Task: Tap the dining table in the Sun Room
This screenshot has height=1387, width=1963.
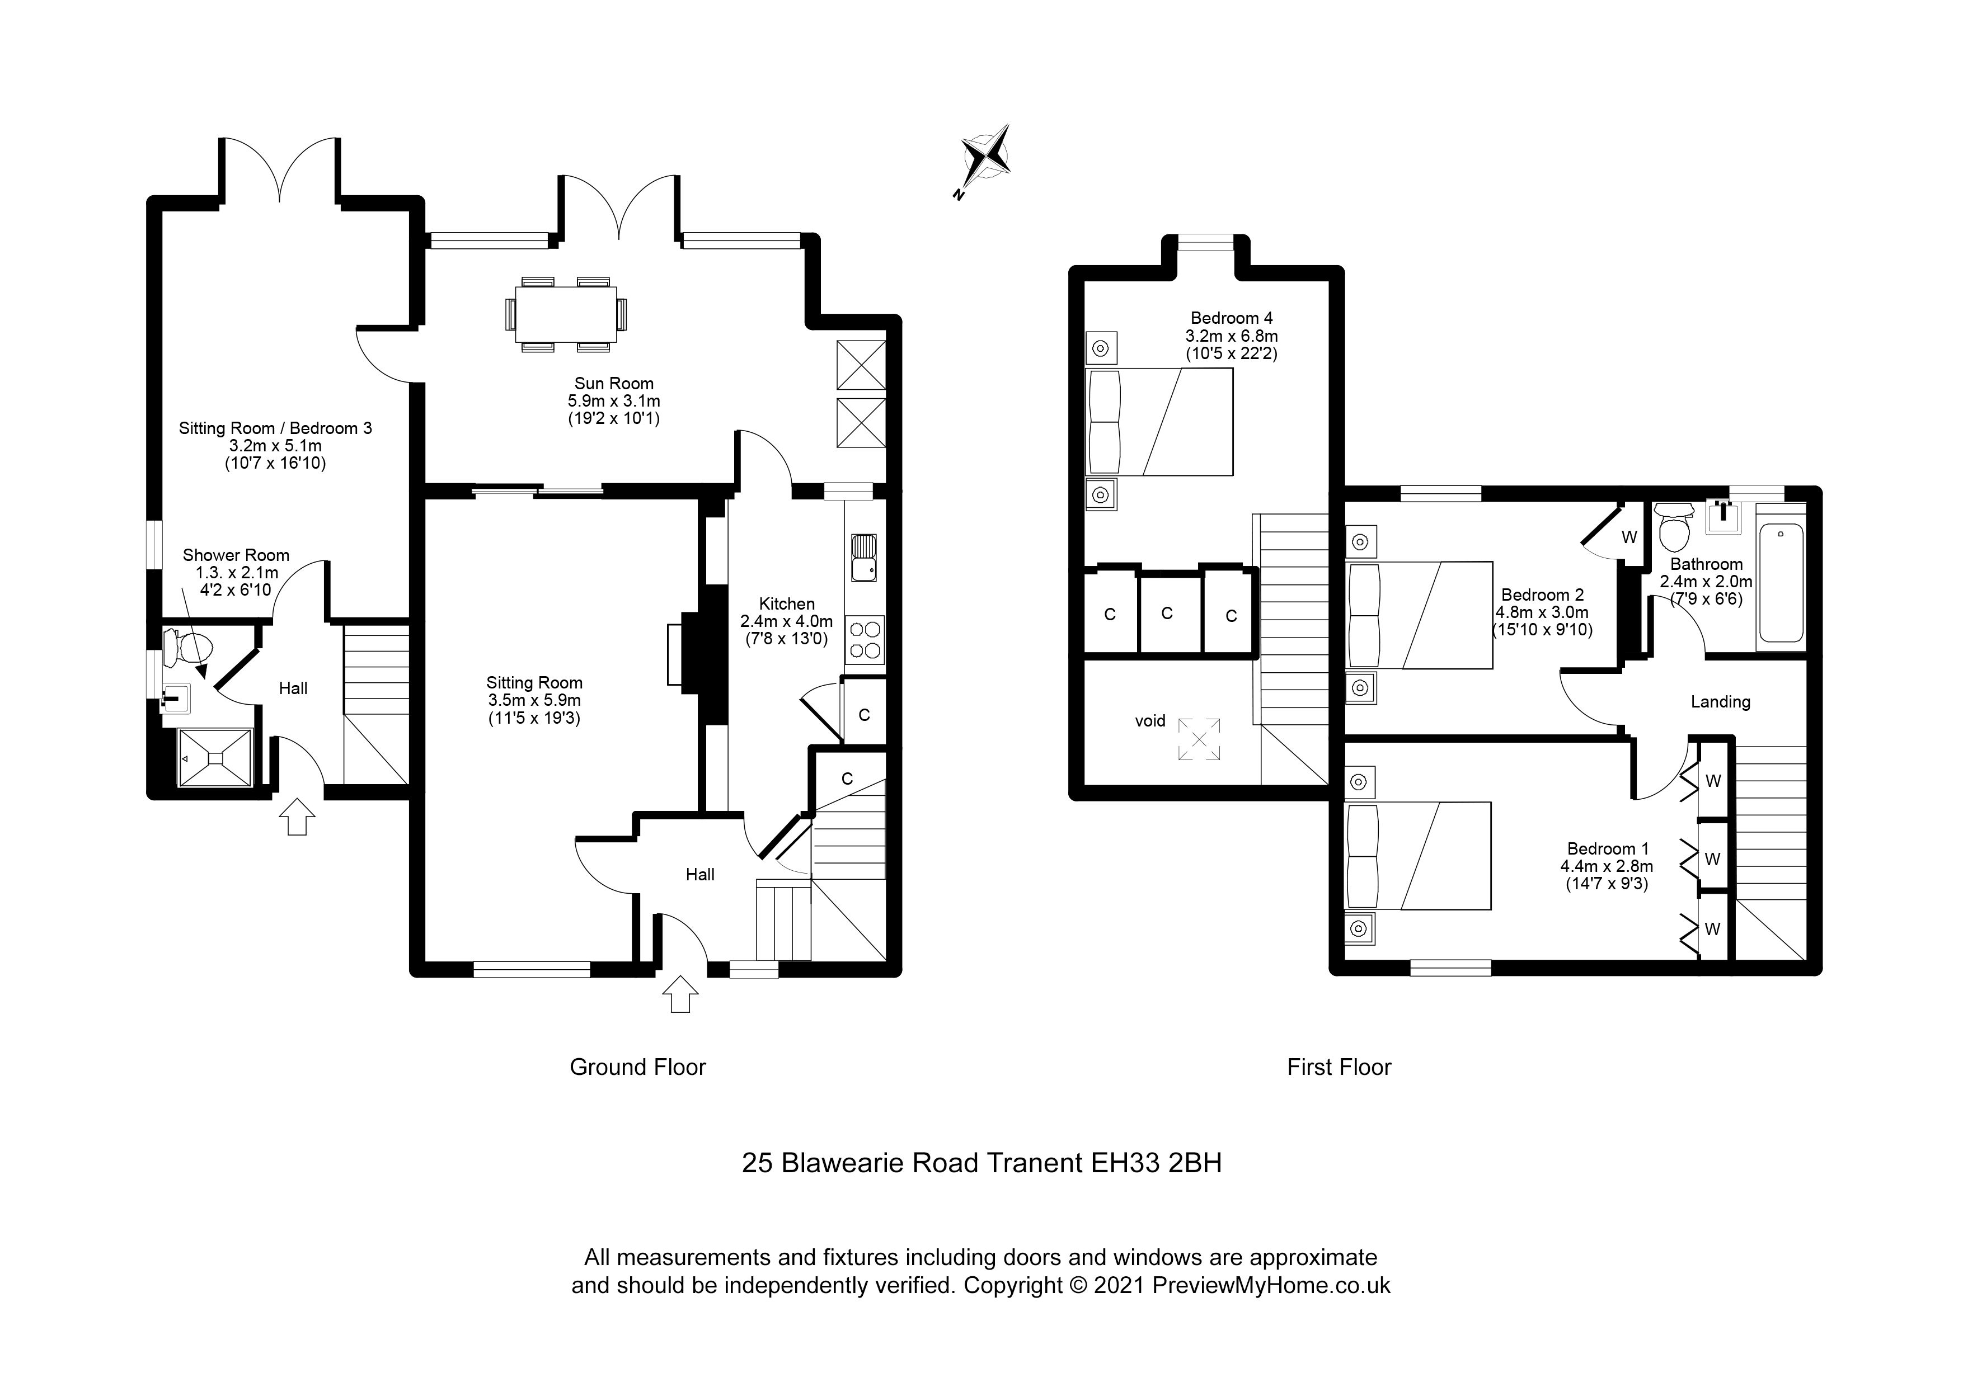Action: [x=565, y=313]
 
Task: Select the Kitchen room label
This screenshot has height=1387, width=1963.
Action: [x=787, y=604]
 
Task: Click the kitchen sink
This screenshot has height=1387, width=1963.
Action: [x=863, y=556]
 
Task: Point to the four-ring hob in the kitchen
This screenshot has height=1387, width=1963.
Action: [x=865, y=640]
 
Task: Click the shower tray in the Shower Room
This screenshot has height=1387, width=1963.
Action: [x=214, y=757]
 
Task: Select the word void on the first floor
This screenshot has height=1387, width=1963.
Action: [x=1150, y=721]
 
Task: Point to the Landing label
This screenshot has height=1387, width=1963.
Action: [x=1720, y=702]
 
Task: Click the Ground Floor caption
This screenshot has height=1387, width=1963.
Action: [x=638, y=1068]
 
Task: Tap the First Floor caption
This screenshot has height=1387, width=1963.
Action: [x=1339, y=1068]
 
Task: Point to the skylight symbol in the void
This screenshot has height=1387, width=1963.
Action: [x=1200, y=739]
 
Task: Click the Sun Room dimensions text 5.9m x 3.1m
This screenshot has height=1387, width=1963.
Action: [x=614, y=401]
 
